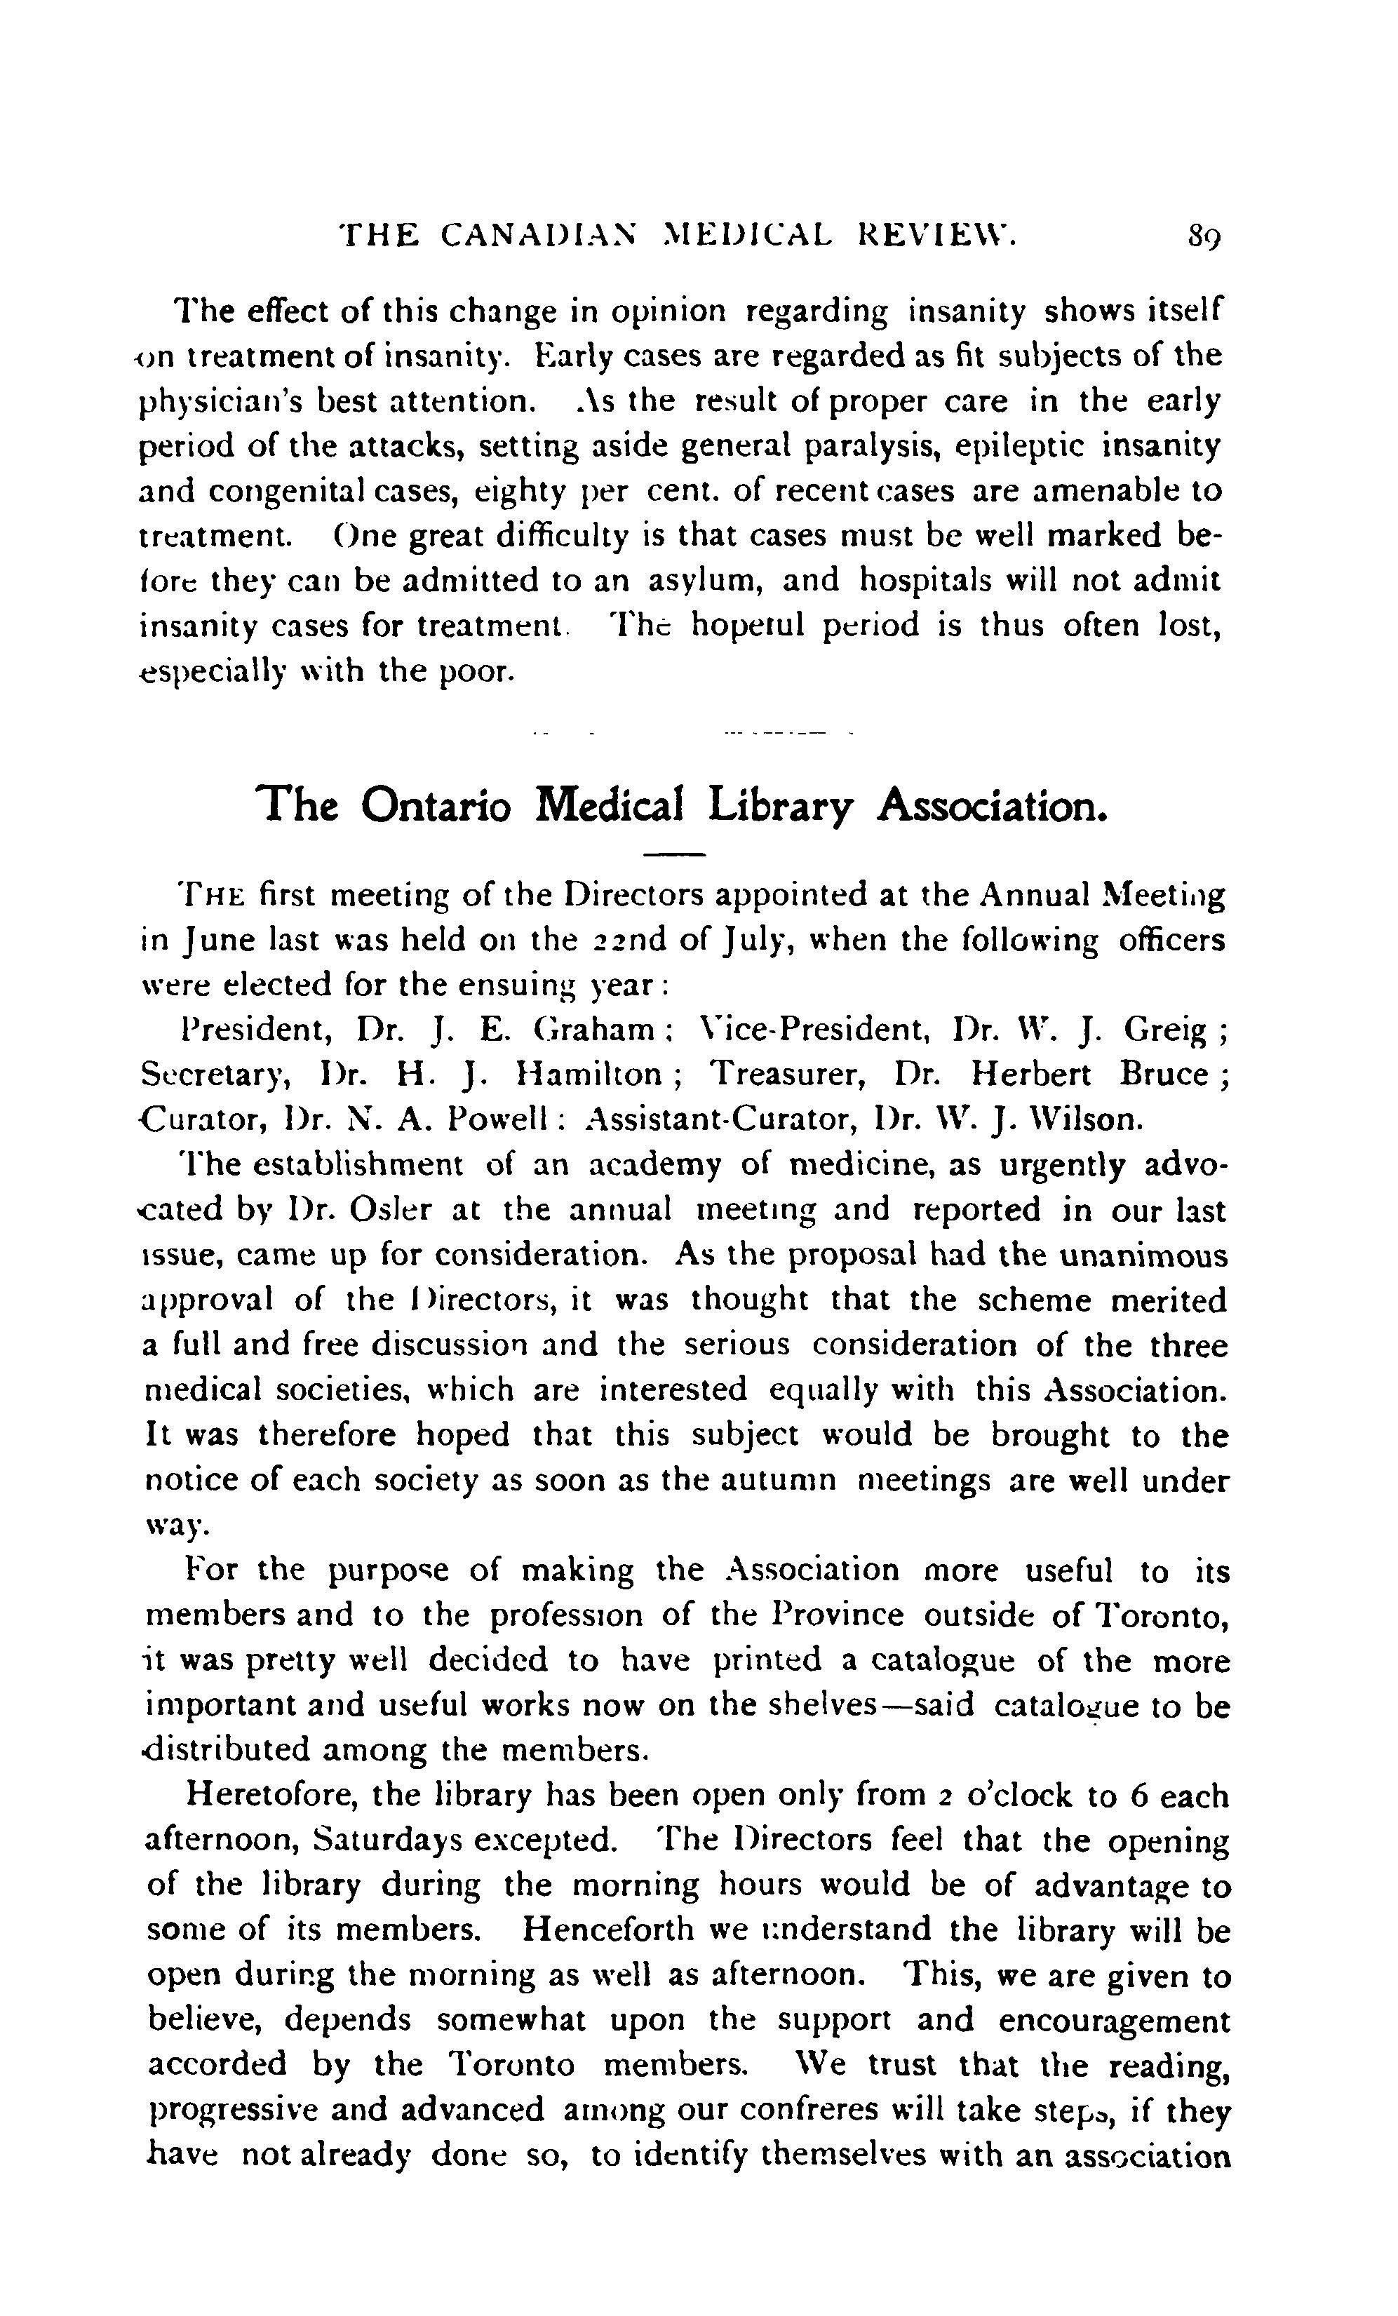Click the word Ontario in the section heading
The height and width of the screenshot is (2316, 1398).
[436, 805]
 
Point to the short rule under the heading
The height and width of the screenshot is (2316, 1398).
[674, 854]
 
